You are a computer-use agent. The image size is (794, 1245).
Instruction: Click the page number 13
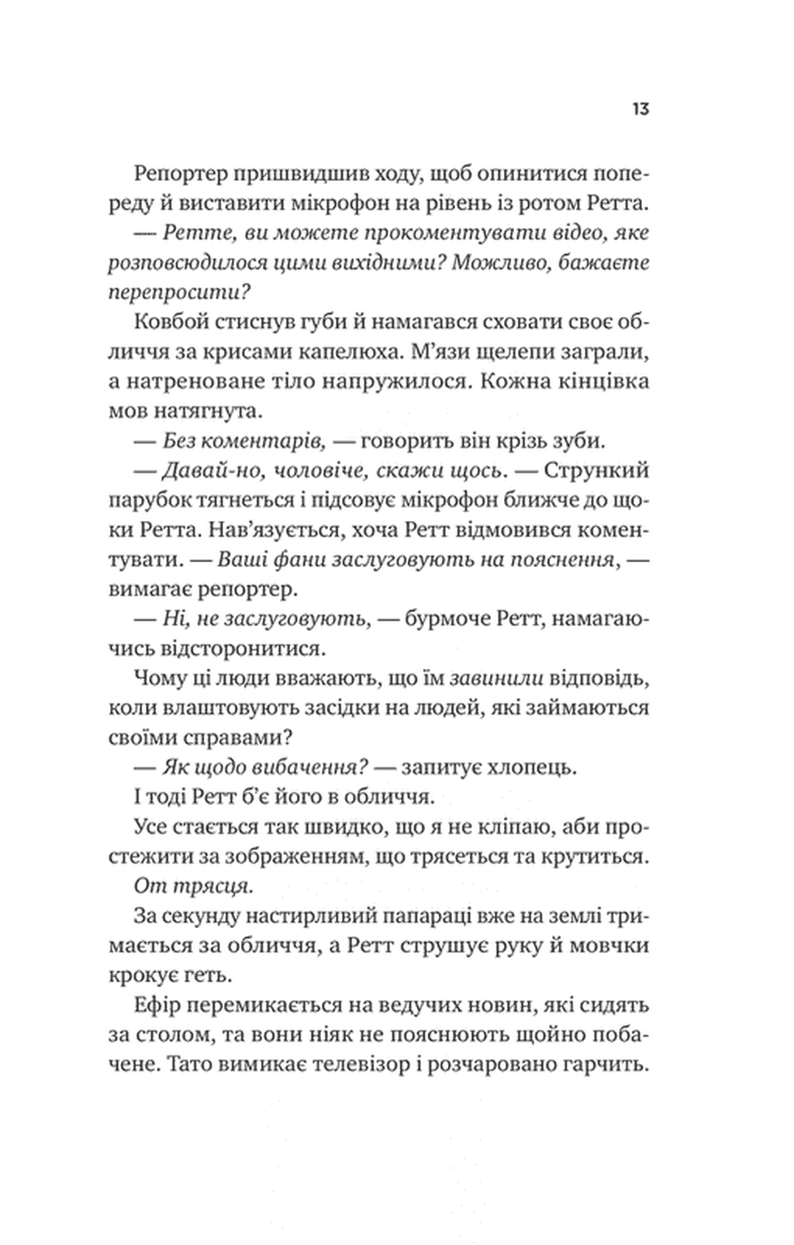[640, 109]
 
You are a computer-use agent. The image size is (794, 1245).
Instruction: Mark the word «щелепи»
[478, 352]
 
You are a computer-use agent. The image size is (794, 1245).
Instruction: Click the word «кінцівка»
[595, 382]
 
